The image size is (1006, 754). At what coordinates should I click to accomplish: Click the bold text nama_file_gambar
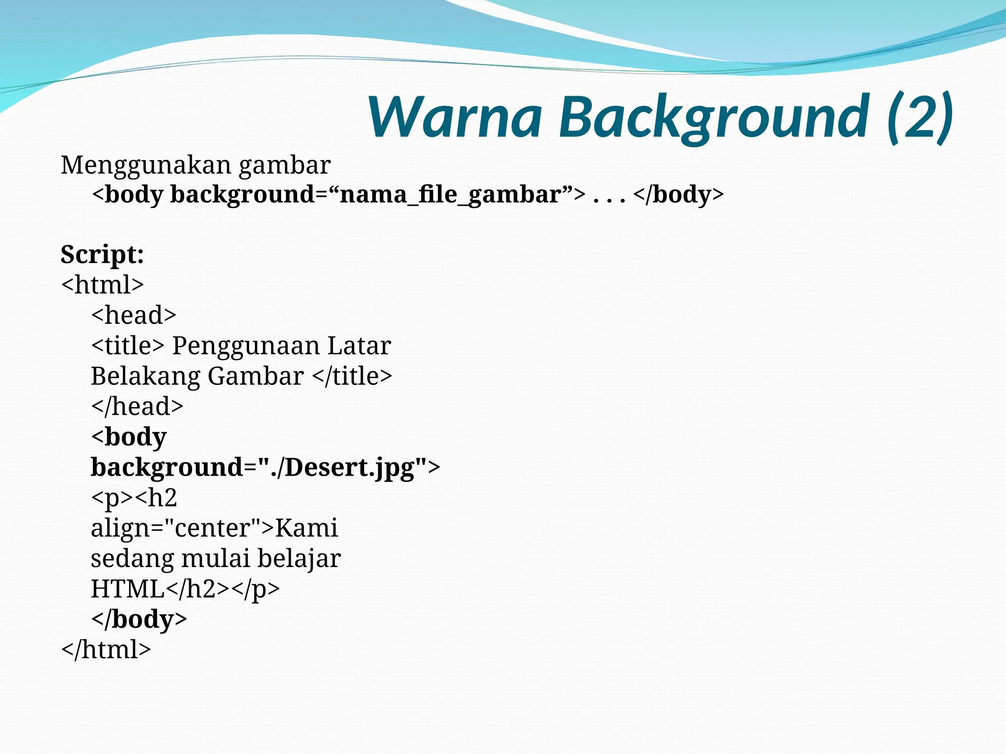pos(450,194)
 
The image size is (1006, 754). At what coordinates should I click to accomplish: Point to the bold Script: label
pos(102,255)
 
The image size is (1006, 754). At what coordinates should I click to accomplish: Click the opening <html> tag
pos(102,285)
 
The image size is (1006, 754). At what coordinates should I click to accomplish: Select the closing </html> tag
pos(106,649)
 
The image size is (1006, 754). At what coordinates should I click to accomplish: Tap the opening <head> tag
pos(134,315)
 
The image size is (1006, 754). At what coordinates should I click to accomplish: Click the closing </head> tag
pos(137,406)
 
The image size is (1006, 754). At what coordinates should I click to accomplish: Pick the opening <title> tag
pos(128,346)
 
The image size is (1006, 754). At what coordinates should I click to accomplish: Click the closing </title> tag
pos(352,377)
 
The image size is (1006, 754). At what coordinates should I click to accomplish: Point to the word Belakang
pos(145,377)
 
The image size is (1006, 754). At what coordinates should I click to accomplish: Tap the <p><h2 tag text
pos(134,498)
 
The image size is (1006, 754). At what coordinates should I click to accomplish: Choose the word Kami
pos(306,528)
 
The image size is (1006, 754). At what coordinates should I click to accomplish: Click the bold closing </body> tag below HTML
pos(139,619)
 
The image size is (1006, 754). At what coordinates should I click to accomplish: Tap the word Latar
pos(359,346)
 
